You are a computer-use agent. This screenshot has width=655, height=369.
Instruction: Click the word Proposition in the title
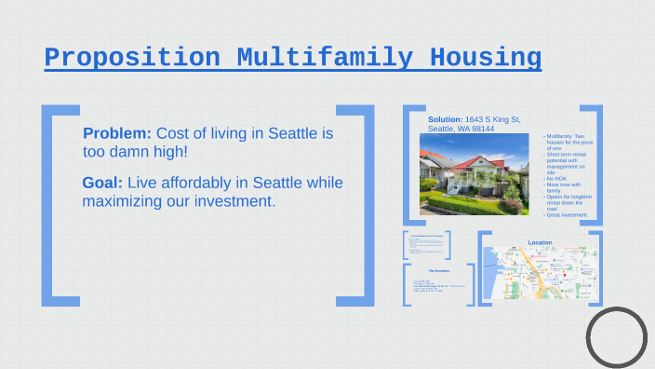point(132,57)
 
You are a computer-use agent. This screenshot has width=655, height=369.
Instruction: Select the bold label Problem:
point(116,133)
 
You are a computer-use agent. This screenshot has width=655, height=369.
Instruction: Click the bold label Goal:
point(102,183)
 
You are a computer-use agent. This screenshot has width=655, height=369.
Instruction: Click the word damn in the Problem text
point(137,151)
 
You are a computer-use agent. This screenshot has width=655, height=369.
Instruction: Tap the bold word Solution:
point(445,119)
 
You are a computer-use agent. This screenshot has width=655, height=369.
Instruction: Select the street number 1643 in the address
point(475,119)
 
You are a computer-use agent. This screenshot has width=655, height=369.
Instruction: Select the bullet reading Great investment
point(567,215)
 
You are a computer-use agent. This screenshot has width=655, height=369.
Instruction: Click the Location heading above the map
point(540,242)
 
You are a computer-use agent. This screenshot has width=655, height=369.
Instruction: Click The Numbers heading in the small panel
point(438,270)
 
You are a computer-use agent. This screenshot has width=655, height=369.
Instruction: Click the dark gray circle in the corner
point(616,336)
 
